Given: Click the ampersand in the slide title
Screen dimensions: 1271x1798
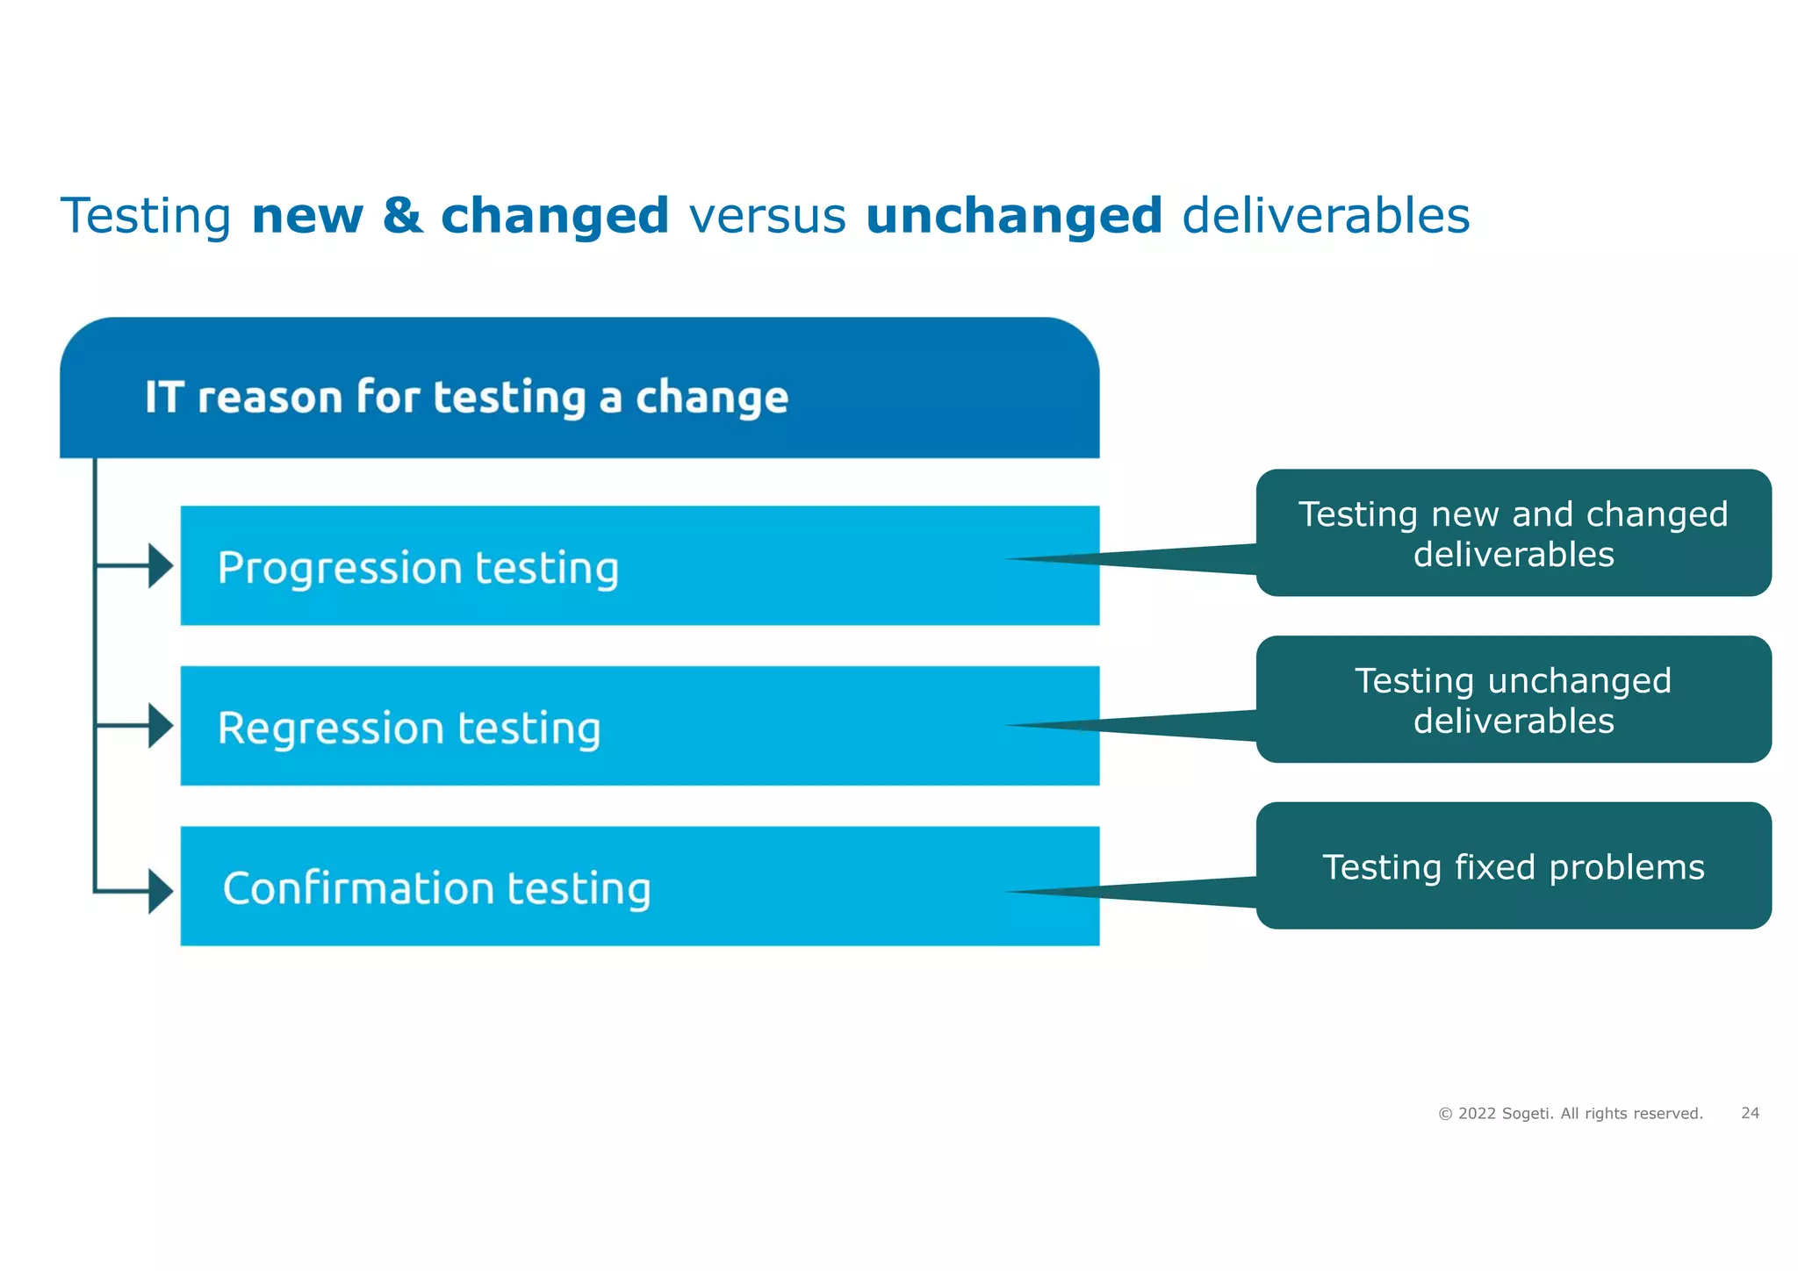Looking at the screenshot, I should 402,216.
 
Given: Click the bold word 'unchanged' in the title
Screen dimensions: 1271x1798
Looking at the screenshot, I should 1013,216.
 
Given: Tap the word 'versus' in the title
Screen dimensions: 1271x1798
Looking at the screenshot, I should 767,216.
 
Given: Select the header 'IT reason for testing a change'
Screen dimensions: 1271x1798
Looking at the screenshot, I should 466,397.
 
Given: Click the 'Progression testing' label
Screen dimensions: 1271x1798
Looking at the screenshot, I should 418,568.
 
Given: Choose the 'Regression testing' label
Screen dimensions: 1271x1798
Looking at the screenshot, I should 409,729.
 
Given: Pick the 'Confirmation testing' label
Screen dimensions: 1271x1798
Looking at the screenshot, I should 436,888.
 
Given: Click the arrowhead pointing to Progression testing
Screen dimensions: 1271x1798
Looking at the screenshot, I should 161,566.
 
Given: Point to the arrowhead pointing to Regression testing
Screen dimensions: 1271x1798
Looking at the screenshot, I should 161,726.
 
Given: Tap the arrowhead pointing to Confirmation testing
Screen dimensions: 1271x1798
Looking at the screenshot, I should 161,892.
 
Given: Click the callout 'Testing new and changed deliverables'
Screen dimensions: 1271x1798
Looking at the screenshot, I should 1513,534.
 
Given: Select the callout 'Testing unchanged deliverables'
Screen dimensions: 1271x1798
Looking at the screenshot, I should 1513,700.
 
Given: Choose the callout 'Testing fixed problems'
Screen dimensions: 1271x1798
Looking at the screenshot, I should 1513,867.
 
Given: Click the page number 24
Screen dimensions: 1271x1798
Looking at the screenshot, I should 1750,1113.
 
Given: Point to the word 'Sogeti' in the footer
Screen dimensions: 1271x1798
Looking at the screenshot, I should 1527,1114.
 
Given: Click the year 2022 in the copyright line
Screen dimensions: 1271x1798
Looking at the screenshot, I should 1477,1114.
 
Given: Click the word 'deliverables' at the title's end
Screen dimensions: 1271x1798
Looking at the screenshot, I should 1326,216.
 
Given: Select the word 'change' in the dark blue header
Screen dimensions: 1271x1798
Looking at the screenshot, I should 711,398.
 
